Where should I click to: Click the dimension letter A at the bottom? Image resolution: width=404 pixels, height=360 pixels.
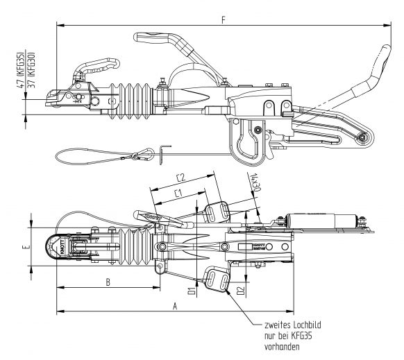[x=174, y=304]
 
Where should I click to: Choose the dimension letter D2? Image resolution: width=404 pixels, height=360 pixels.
[x=239, y=289]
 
